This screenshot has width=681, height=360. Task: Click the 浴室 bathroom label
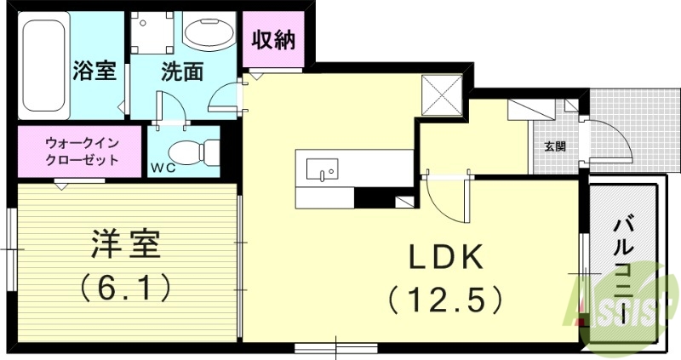tap(94, 71)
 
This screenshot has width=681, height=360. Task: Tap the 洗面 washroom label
tap(181, 71)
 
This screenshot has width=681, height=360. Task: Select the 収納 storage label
tap(273, 40)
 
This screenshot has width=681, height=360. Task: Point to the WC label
tap(163, 167)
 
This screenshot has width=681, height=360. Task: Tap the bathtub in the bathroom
tap(43, 66)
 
